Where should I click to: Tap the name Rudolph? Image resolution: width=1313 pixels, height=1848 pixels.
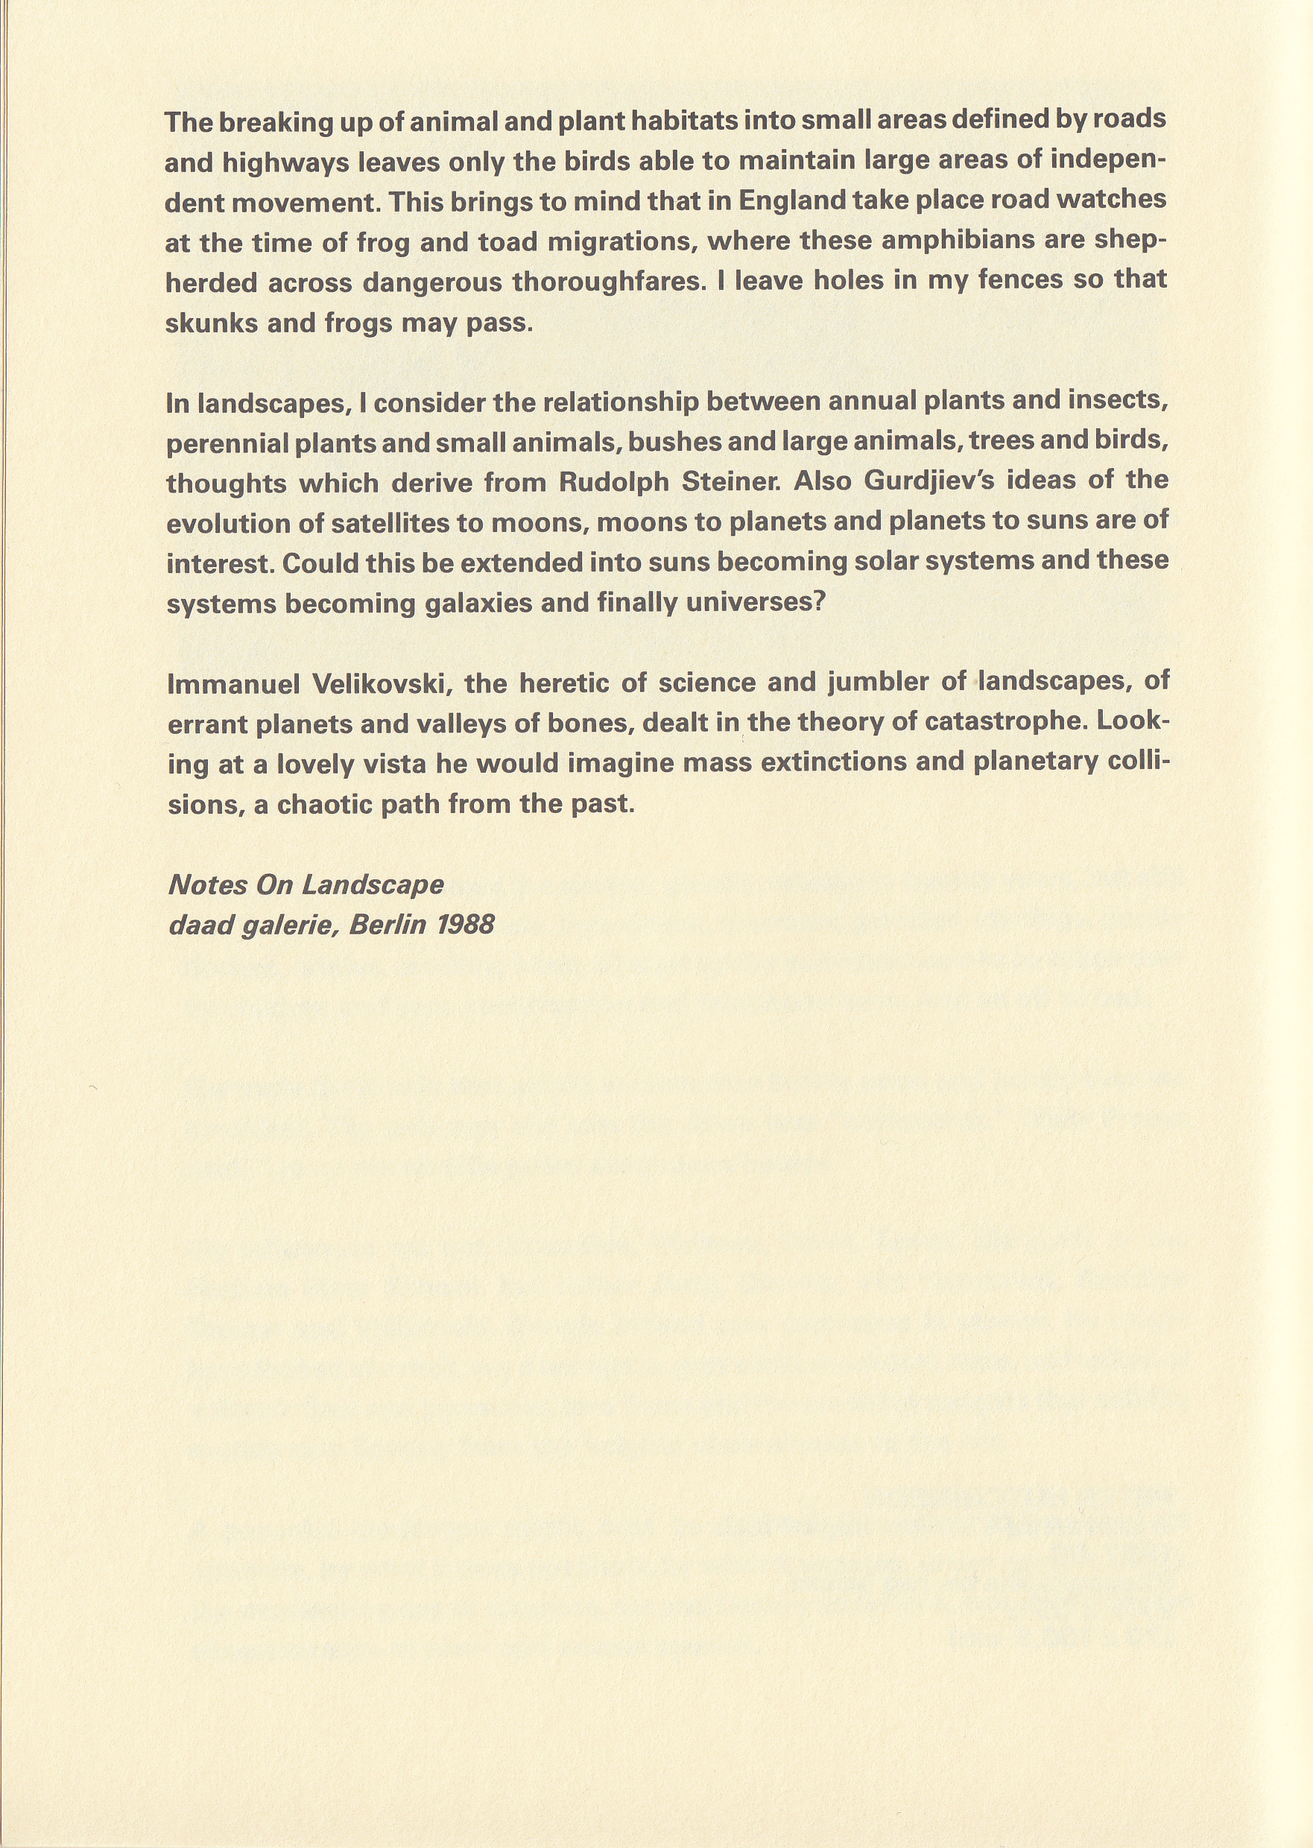[x=616, y=482]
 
